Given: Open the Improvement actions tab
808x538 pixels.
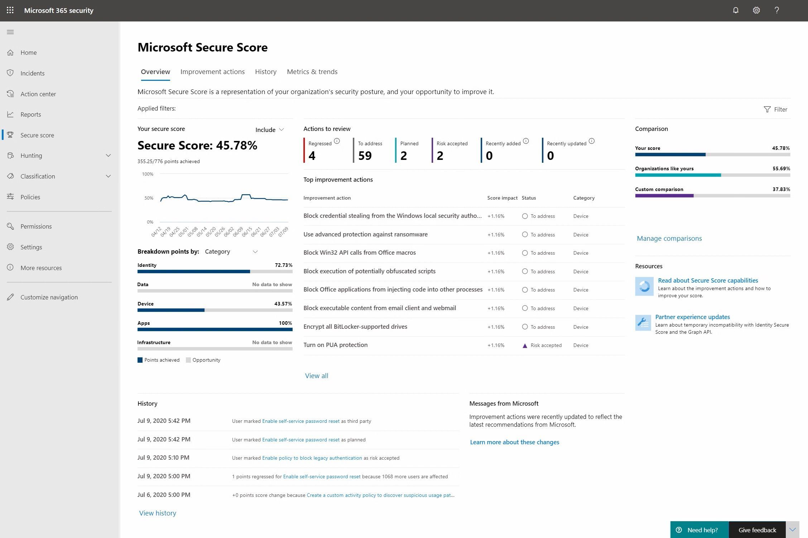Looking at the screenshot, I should [212, 72].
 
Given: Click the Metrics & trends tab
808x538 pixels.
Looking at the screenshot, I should [312, 72].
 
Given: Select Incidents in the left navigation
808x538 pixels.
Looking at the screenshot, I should [32, 73].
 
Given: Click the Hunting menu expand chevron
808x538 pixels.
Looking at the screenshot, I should [108, 156].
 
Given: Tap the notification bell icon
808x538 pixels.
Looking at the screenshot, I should [736, 10].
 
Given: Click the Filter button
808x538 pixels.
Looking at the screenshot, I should [776, 109].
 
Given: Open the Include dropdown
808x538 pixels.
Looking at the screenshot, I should [270, 129].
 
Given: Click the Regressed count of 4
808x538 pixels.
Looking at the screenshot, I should [312, 156].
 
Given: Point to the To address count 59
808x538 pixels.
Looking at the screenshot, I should [365, 156].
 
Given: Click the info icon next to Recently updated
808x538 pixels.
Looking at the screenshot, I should [592, 141].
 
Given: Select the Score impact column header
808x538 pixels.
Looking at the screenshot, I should [502, 198].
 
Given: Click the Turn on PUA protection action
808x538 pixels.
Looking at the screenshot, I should [336, 345].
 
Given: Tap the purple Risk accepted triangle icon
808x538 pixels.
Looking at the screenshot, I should [525, 346].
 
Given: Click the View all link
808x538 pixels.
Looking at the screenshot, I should [317, 376].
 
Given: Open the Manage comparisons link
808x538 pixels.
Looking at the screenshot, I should [669, 238].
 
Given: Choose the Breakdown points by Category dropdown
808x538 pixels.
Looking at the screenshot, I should [231, 251].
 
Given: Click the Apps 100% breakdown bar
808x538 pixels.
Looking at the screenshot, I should [215, 329].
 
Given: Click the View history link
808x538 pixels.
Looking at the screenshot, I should [158, 513].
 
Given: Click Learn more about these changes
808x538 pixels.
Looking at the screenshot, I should [514, 442].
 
